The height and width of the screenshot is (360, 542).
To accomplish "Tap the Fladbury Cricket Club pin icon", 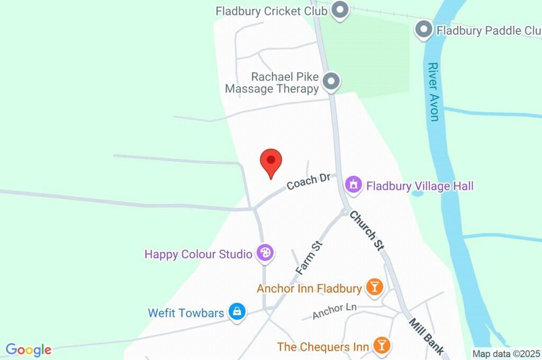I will pos(340,10).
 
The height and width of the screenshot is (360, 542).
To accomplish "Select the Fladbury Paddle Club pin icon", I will pos(423,30).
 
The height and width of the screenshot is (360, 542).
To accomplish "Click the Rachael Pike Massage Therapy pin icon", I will pos(331,82).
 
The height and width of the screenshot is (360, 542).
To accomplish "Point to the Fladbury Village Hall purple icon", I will pos(354,185).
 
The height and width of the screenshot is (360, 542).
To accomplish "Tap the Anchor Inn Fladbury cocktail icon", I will pos(374,287).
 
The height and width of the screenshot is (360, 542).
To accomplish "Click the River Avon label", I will pos(434,92).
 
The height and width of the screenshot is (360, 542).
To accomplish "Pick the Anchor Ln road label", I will pos(334,311).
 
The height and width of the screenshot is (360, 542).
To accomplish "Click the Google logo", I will pos(29,349).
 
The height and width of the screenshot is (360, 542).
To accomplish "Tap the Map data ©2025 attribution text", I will pos(506,354).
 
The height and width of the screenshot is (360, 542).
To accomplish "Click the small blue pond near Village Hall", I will pos(418,194).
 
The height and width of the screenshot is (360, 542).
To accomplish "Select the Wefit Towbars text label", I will pos(186,313).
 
